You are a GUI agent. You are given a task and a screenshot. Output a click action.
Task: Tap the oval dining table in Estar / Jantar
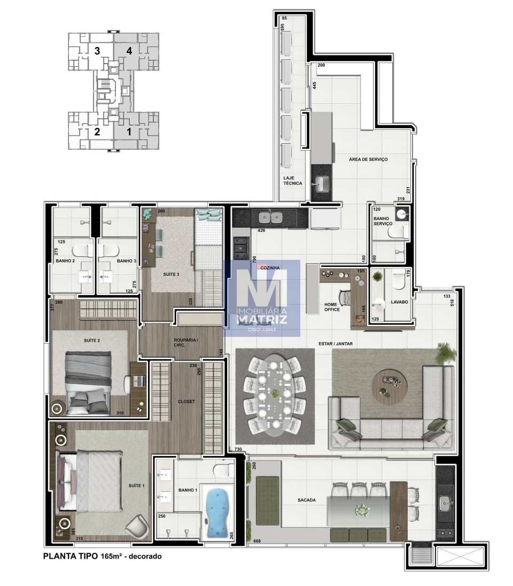tap(275, 396)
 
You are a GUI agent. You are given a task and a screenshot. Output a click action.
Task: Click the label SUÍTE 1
tap(136, 485)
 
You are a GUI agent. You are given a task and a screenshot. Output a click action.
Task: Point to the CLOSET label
tap(186, 402)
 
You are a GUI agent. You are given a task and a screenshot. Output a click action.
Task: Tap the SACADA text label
tap(306, 500)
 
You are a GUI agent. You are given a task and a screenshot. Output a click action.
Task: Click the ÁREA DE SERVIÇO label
tap(368, 159)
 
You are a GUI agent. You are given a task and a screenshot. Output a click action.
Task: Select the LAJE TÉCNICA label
tap(292, 181)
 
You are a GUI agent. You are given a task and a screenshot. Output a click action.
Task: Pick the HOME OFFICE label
tap(332, 307)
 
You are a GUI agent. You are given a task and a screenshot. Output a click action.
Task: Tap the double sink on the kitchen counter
tap(271, 217)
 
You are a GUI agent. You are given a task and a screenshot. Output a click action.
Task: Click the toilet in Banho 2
tap(82, 250)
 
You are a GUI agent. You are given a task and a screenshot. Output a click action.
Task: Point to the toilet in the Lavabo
tap(398, 281)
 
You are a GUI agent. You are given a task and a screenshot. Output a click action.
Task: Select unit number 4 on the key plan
tap(129, 50)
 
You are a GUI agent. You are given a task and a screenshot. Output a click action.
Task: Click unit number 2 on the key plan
tap(97, 132)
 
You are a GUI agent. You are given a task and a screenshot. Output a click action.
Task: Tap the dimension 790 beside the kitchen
tap(254, 260)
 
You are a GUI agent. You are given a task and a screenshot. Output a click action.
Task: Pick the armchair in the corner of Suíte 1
tap(137, 527)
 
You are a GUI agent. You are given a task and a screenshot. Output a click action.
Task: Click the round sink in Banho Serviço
tap(402, 214)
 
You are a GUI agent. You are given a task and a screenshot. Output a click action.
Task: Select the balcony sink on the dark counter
tap(445, 503)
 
